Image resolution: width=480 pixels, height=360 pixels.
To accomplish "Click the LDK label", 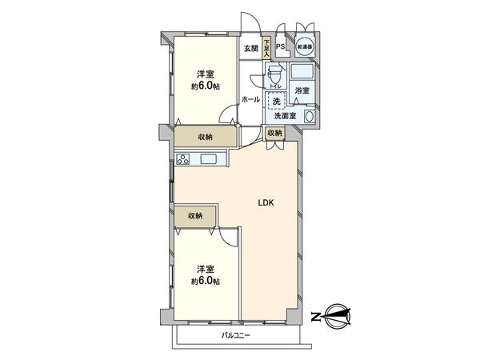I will point(266,202).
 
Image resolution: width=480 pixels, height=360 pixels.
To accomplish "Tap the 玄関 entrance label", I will point(251,49).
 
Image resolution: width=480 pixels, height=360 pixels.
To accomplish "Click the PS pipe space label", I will point(280,46).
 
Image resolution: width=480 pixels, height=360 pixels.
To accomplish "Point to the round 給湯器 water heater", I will point(305,47).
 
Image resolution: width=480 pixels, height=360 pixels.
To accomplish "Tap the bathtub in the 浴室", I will point(305,71).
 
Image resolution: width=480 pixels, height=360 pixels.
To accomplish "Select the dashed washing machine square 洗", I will point(277,101).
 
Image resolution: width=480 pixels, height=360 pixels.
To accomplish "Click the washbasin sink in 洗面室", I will point(310,117).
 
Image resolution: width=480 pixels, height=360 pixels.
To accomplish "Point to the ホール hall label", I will point(250,99).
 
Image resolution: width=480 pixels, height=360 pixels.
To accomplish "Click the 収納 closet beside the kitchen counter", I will point(205,137).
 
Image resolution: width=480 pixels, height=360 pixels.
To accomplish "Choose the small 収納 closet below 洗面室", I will point(275,133).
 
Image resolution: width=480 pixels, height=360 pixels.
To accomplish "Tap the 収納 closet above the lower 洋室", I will point(196,216).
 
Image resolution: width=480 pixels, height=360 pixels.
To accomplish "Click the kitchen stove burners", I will point(182,159).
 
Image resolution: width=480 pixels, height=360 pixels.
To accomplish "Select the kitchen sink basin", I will point(211,159).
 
